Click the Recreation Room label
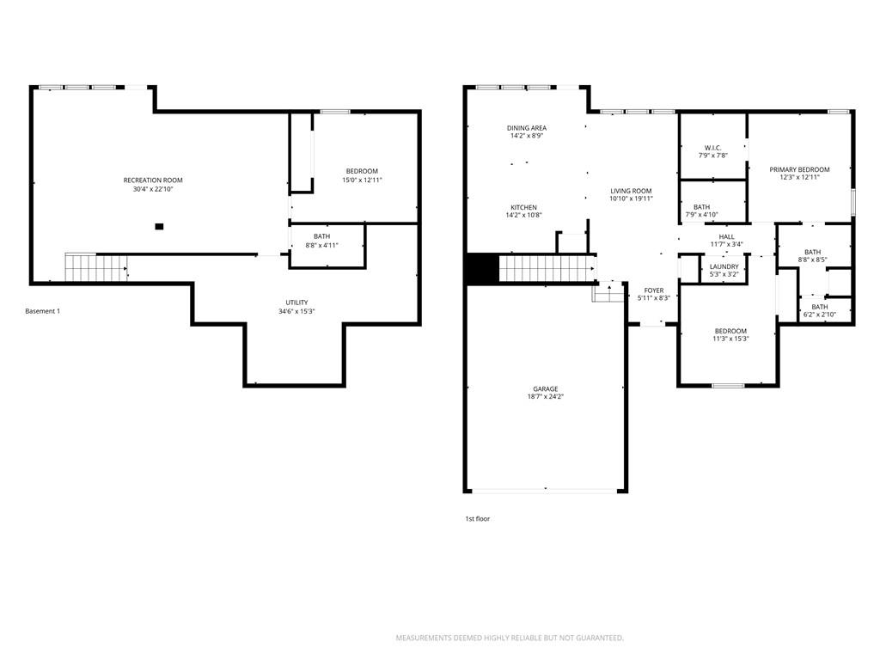coord(153,180)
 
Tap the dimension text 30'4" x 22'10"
coord(153,190)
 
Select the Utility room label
coord(296,302)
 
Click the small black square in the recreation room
coord(159,227)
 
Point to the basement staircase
coord(96,267)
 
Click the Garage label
coord(546,389)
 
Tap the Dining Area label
coord(527,128)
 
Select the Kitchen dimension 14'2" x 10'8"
coord(523,216)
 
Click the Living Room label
coord(631,191)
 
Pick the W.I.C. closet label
coord(712,148)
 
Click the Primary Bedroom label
coord(799,169)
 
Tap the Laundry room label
coord(724,266)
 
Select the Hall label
coord(726,237)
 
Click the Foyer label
coord(654,290)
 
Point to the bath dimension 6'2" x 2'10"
coord(819,315)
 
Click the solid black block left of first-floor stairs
coord(483,268)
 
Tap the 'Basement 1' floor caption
coord(43,311)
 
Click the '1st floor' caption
coord(478,518)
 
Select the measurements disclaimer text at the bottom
coord(510,638)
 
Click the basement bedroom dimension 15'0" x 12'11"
coord(362,180)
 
